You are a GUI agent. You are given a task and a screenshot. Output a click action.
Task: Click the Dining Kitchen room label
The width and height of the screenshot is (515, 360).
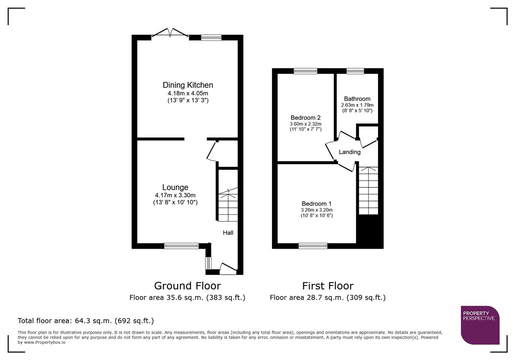point(188,85)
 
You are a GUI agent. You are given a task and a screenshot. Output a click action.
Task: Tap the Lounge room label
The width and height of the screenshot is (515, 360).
point(175,187)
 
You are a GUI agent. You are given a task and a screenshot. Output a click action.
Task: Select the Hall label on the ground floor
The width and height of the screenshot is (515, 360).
point(228,233)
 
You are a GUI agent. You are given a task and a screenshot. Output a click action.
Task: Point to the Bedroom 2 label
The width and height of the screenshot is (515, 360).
point(306,118)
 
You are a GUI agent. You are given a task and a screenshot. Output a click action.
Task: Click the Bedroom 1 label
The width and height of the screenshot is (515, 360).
point(317,204)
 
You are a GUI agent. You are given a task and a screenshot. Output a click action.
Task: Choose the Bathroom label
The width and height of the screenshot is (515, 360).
point(357,99)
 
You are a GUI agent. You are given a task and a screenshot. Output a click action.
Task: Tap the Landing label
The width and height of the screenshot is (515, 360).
point(350,152)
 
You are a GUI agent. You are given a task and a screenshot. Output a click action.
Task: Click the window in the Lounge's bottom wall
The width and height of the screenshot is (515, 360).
point(181,246)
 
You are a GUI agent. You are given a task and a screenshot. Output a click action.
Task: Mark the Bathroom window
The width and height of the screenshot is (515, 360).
point(355,71)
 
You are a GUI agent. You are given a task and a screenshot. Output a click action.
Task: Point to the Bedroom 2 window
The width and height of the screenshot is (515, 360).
point(306,71)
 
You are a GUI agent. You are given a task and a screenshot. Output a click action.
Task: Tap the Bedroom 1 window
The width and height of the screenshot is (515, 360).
point(313,246)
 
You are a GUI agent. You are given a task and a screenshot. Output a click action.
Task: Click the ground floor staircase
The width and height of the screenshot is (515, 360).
point(228,205)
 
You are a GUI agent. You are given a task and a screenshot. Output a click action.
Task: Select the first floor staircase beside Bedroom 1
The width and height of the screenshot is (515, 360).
point(369,191)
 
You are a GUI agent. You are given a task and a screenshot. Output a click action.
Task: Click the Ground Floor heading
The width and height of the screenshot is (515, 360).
point(187,286)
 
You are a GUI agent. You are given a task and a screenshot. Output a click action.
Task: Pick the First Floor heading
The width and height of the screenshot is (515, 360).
point(328,286)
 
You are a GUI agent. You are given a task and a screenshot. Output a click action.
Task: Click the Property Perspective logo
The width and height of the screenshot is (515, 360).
point(480,325)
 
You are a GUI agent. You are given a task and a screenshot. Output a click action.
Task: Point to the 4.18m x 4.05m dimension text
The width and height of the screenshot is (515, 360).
point(188,93)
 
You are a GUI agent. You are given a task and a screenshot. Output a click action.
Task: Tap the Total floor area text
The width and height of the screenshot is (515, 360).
point(86,321)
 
